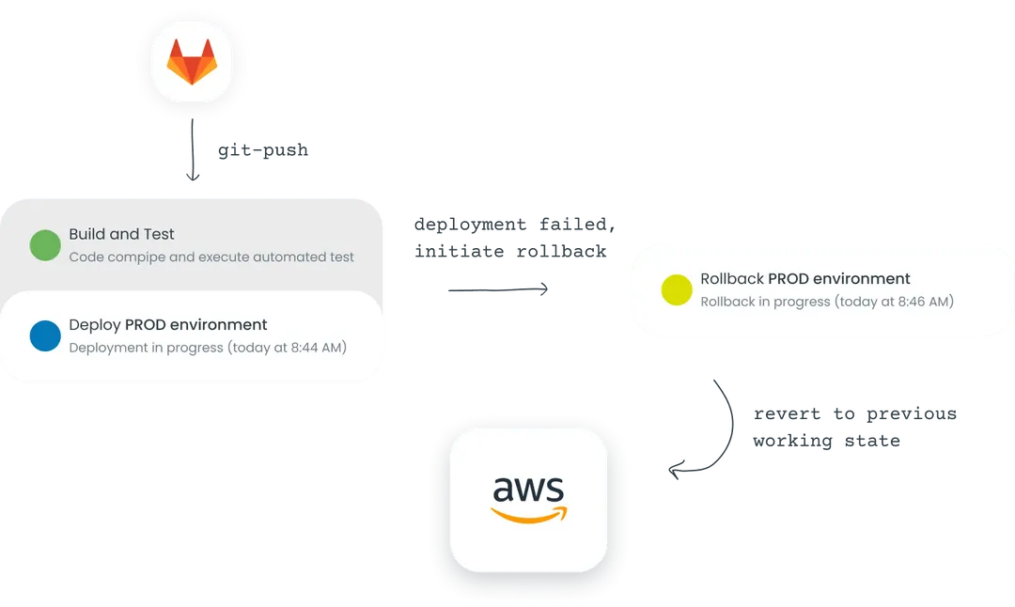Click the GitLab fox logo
(x=192, y=61)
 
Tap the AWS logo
(x=529, y=500)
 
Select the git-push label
(x=263, y=150)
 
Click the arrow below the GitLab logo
(x=193, y=149)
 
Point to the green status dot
(x=45, y=245)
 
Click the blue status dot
(x=45, y=335)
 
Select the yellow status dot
(x=677, y=290)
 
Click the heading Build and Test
(x=121, y=234)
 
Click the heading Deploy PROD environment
(x=167, y=324)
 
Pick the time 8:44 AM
(x=317, y=348)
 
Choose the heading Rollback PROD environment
(x=805, y=278)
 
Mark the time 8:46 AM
(x=924, y=302)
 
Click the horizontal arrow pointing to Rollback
(x=498, y=289)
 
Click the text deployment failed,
(x=515, y=224)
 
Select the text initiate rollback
(x=510, y=251)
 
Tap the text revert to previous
(x=855, y=414)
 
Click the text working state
(x=827, y=442)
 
